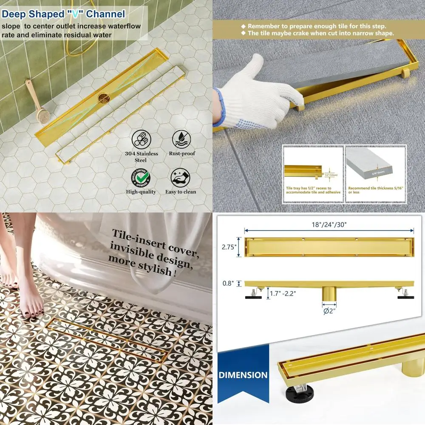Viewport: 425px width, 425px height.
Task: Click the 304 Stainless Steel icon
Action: [141, 139]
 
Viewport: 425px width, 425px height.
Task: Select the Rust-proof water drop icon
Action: [181, 139]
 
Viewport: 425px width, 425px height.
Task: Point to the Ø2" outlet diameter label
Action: [329, 311]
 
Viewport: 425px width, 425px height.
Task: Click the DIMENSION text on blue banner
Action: [243, 375]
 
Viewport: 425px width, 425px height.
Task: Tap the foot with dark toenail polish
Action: [32, 304]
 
